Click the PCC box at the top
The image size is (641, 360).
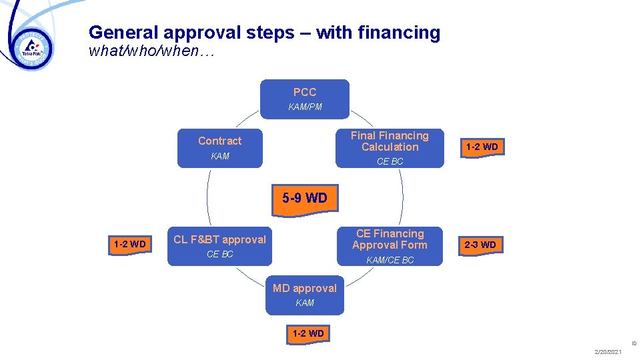[x=304, y=99]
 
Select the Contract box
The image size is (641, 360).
[x=219, y=147]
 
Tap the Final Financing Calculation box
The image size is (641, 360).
[x=390, y=147]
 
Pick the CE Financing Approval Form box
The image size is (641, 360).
[x=390, y=245]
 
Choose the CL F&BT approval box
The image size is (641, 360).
[x=219, y=245]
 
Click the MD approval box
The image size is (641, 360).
[x=304, y=295]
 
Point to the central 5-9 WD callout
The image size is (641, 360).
[x=304, y=198]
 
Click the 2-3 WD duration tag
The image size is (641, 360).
[x=480, y=245]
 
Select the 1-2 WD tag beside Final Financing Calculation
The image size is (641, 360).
[x=482, y=147]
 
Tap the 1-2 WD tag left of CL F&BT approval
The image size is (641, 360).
[x=129, y=244]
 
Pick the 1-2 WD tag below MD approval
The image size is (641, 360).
[x=307, y=333]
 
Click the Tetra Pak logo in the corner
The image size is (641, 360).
[x=32, y=47]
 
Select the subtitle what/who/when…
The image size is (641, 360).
[x=151, y=51]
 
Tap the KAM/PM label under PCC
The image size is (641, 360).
[x=305, y=107]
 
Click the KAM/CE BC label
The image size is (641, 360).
[x=390, y=260]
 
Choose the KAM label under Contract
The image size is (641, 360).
[x=219, y=156]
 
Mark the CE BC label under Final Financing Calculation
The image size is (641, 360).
[x=390, y=161]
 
